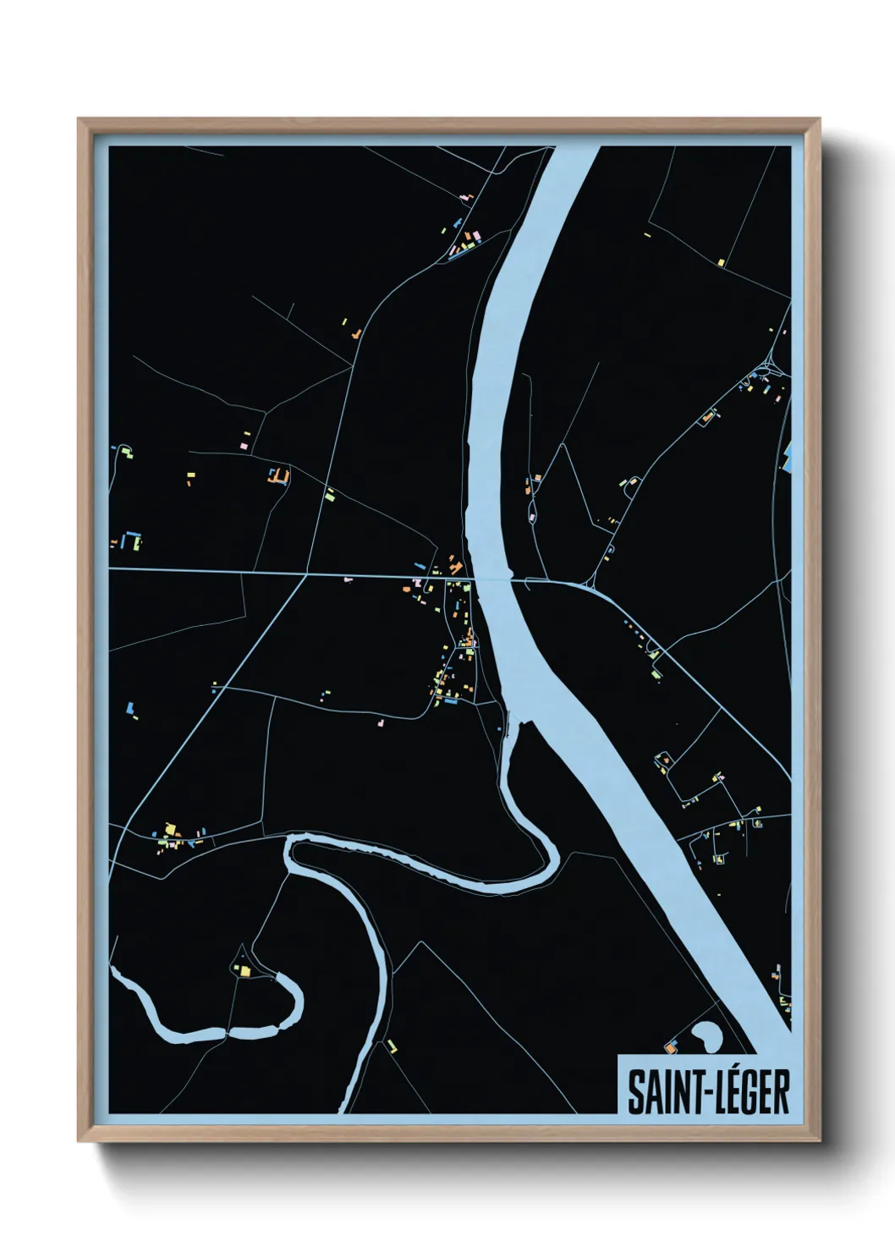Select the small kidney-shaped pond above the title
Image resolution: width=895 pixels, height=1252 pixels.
point(703,1033)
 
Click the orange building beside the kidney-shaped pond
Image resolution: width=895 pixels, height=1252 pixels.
point(671,1048)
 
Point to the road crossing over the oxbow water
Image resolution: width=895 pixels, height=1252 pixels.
point(226,1033)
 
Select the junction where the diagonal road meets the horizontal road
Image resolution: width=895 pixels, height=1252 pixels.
point(305,574)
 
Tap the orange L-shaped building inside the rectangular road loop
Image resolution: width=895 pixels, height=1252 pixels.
point(279,477)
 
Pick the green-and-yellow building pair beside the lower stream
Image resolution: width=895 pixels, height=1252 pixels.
point(392,1046)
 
